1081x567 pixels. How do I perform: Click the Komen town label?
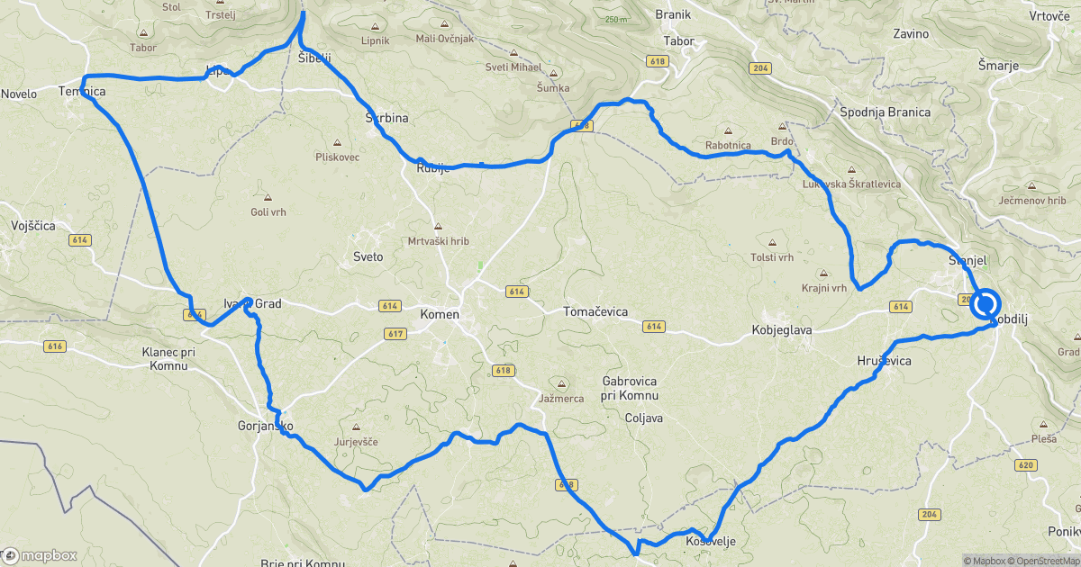pyautogui.click(x=440, y=315)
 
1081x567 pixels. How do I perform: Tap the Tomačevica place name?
pyautogui.click(x=595, y=311)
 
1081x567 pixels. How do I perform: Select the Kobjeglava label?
pyautogui.click(x=782, y=330)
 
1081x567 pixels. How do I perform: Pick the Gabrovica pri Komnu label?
pyautogui.click(x=631, y=388)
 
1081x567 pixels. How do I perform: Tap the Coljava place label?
pyautogui.click(x=644, y=418)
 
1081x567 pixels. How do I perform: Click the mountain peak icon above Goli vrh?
pyautogui.click(x=268, y=196)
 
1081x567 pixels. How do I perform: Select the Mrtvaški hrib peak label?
pyautogui.click(x=439, y=241)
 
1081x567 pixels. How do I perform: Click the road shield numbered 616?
pyautogui.click(x=54, y=346)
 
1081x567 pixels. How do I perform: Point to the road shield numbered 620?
pyautogui.click(x=1023, y=465)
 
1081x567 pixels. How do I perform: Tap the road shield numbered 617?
pyautogui.click(x=393, y=333)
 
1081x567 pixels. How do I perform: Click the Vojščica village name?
pyautogui.click(x=33, y=226)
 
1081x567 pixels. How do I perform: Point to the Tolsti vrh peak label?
pyautogui.click(x=772, y=257)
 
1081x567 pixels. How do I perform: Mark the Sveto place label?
pyautogui.click(x=368, y=256)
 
